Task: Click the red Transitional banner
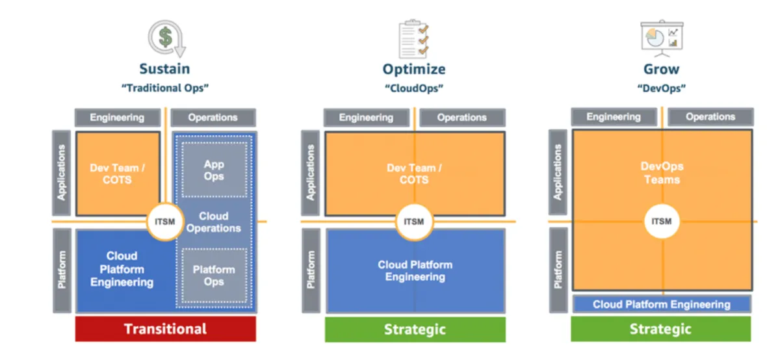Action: (x=165, y=329)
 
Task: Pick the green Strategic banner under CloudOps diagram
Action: (x=415, y=329)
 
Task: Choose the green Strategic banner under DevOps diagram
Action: (x=660, y=329)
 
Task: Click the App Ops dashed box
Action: (x=214, y=170)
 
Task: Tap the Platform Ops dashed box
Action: (x=214, y=276)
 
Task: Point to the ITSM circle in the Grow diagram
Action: (x=661, y=222)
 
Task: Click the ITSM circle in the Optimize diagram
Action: (x=414, y=222)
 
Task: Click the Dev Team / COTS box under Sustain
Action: (x=118, y=173)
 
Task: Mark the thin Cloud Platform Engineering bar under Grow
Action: (x=662, y=304)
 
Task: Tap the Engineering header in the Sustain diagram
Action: (x=117, y=118)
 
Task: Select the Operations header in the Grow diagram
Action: (x=710, y=117)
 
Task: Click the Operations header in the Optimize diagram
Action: (x=462, y=118)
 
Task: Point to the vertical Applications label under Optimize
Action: (x=311, y=172)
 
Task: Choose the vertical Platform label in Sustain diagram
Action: (x=62, y=270)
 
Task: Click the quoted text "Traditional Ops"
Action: (x=165, y=88)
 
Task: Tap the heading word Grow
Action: (x=661, y=69)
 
